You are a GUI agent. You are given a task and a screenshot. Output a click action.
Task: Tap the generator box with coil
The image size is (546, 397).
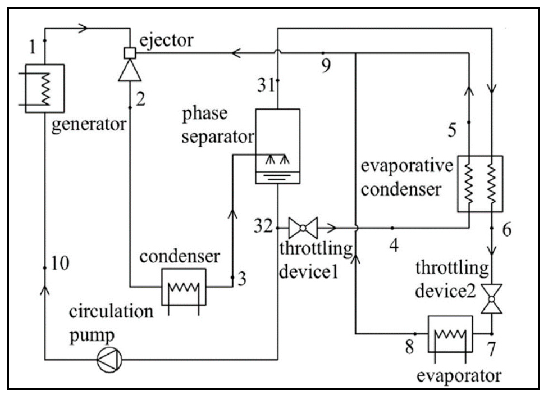point(45,89)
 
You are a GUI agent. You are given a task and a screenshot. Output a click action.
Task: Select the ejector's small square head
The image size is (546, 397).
point(130,53)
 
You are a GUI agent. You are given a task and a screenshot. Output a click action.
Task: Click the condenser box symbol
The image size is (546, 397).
point(184,287)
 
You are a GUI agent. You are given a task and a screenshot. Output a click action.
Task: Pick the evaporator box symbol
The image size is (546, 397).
point(450,334)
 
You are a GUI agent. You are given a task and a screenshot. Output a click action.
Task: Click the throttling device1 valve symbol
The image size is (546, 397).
point(303,228)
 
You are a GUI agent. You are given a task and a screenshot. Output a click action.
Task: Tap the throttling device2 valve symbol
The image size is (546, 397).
point(492,299)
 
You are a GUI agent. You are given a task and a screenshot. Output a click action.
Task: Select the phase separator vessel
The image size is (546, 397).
point(278,146)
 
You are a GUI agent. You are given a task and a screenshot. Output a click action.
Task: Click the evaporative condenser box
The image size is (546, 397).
point(480,184)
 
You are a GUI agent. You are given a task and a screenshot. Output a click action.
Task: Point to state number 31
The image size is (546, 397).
point(265,85)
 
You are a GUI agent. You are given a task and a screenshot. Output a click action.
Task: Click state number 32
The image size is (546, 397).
point(263,226)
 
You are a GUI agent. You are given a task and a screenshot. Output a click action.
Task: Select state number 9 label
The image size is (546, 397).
point(326,65)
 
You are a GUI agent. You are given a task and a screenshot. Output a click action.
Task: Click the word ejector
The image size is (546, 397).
point(166,40)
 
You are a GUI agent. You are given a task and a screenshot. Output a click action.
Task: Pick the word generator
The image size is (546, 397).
point(89,124)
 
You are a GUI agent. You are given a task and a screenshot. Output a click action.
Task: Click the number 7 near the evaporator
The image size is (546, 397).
point(491,349)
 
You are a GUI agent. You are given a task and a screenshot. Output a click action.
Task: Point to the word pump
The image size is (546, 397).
point(92,335)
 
